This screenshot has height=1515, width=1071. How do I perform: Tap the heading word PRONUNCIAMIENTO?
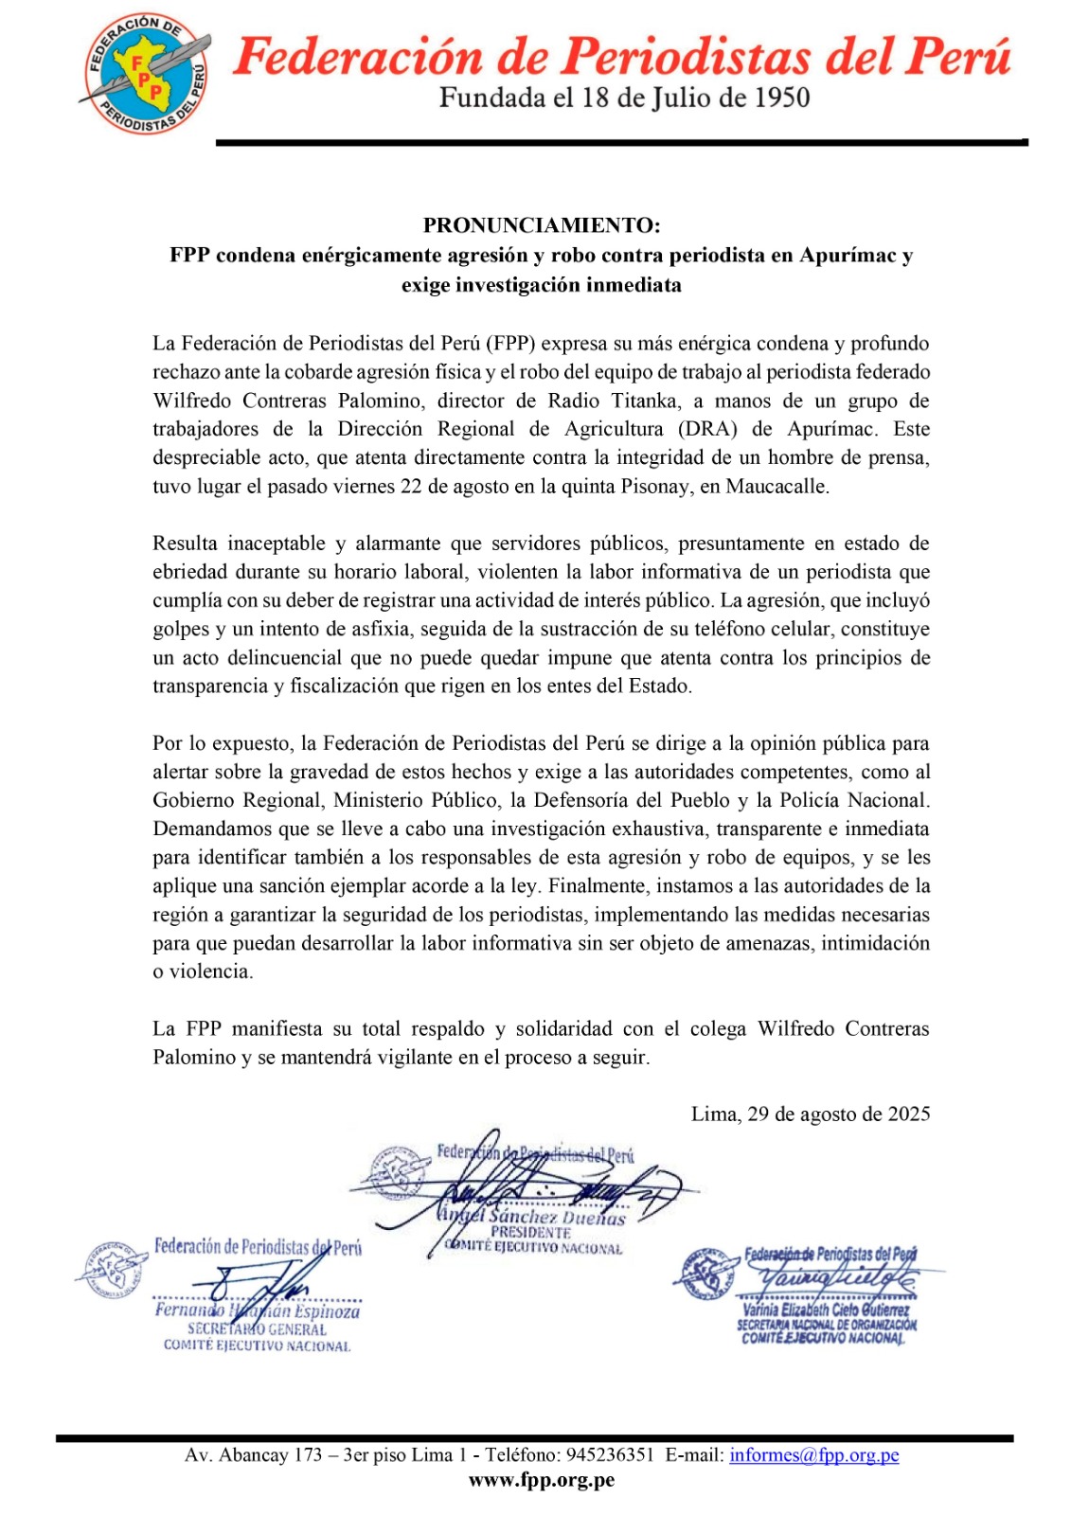pos(541,225)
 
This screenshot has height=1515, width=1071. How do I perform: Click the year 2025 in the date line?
pos(908,1114)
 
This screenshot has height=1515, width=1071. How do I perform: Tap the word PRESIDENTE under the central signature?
pos(530,1233)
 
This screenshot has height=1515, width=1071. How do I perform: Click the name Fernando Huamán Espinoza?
pos(258,1311)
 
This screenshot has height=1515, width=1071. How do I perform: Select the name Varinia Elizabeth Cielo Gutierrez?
pos(826,1310)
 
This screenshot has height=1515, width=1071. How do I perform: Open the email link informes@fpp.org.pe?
pos(813,1455)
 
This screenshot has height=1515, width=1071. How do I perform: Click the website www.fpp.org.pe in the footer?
pos(542,1480)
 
